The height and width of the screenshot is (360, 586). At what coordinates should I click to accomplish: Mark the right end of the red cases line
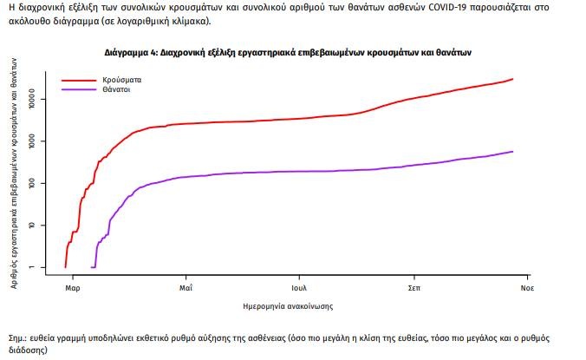[x=513, y=79]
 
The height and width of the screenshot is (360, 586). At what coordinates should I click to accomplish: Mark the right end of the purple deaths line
[x=513, y=152]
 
